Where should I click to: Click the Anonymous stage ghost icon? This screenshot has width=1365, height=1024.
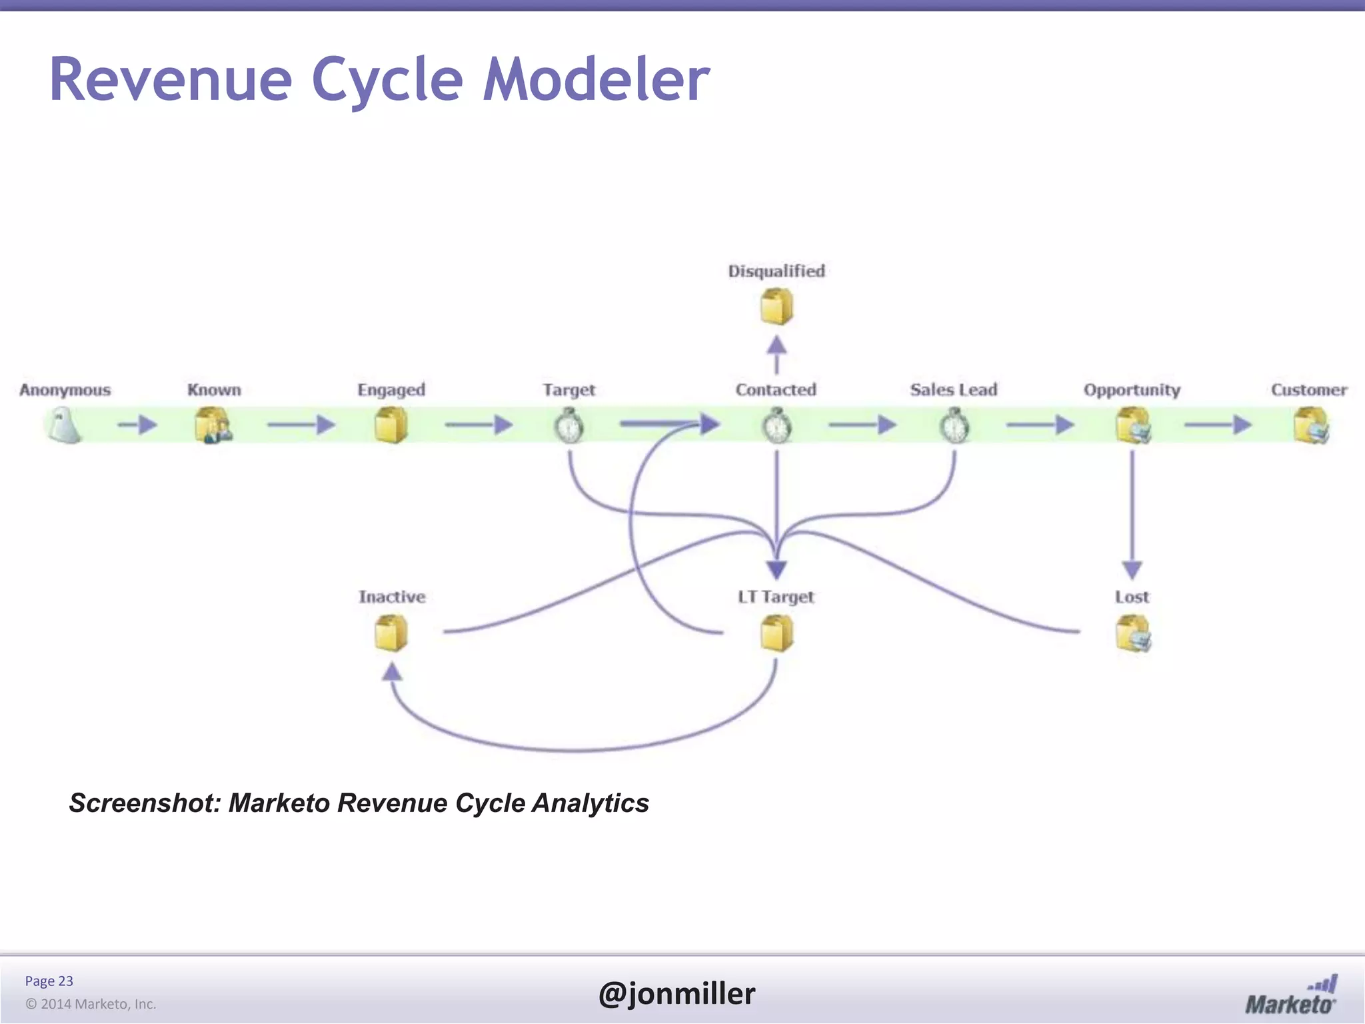pos(64,426)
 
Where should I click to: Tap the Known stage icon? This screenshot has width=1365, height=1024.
pos(213,426)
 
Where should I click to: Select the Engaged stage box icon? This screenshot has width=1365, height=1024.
pos(391,426)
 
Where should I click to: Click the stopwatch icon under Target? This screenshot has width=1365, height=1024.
pos(569,426)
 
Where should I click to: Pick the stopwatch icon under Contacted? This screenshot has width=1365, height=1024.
pos(776,426)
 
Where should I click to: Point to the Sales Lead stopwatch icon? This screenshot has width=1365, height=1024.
pos(954,426)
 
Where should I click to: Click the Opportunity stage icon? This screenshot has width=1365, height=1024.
pos(1132,426)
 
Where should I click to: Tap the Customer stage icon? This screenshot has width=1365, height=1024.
pos(1311,426)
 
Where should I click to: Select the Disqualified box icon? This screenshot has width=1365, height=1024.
pos(776,307)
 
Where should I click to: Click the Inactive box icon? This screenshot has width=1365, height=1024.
pos(391,633)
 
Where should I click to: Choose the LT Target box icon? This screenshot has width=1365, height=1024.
pos(776,633)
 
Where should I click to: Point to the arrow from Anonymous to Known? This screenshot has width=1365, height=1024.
pos(137,425)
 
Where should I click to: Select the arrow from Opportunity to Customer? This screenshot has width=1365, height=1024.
pos(1218,425)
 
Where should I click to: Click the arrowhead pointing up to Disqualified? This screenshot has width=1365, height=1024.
pos(776,345)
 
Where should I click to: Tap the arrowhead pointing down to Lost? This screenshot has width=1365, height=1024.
pos(1132,570)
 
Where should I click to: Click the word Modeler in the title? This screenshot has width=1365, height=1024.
pos(597,80)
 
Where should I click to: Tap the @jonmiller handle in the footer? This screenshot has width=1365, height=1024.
pos(677,993)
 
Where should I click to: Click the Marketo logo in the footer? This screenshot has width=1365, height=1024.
pos(1291,995)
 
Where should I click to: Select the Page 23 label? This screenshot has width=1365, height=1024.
pos(49,981)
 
